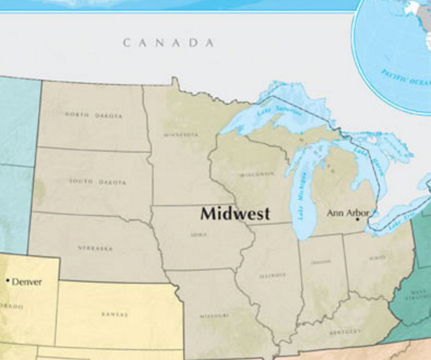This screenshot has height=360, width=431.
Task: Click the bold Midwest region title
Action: click(x=235, y=213)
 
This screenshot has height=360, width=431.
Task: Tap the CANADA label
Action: click(x=168, y=43)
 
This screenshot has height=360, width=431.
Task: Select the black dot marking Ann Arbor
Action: click(x=357, y=219)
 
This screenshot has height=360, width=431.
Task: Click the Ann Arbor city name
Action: click(x=348, y=213)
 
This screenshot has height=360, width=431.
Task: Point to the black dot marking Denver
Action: click(x=8, y=280)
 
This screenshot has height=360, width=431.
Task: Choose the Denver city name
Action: click(x=27, y=281)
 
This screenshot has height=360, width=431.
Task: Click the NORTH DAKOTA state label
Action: click(x=93, y=116)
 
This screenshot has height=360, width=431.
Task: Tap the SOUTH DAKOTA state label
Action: click(x=98, y=182)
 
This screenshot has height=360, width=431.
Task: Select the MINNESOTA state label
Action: click(x=181, y=134)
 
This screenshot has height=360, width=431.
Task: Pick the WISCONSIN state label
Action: click(x=257, y=175)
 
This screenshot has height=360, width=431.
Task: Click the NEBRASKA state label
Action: click(x=95, y=248)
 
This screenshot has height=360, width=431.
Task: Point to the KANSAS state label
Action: click(x=115, y=314)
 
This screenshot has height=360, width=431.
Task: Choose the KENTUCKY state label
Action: click(x=344, y=332)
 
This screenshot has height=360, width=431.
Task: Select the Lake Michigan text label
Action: click(x=303, y=202)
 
